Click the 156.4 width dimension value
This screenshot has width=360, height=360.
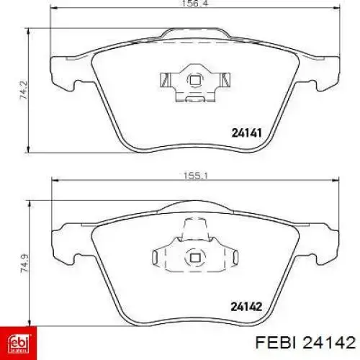pyautogui.click(x=194, y=4)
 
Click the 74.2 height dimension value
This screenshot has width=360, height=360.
pyautogui.click(x=24, y=90)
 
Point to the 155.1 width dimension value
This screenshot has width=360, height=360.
pyautogui.click(x=196, y=176)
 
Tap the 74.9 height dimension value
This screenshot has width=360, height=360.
pyautogui.click(x=24, y=264)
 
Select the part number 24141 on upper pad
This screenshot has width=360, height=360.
pyautogui.click(x=246, y=132)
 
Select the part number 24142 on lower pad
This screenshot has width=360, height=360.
pyautogui.click(x=246, y=306)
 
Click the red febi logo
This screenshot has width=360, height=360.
pyautogui.click(x=19, y=343)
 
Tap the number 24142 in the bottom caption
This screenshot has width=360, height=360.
pyautogui.click(x=329, y=343)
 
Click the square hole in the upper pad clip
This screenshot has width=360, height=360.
pyautogui.click(x=194, y=80)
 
